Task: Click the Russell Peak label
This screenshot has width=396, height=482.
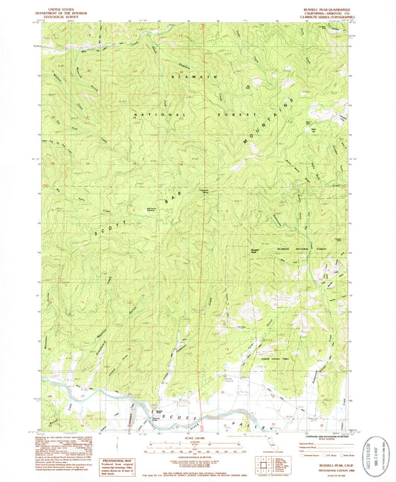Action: (255, 250)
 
